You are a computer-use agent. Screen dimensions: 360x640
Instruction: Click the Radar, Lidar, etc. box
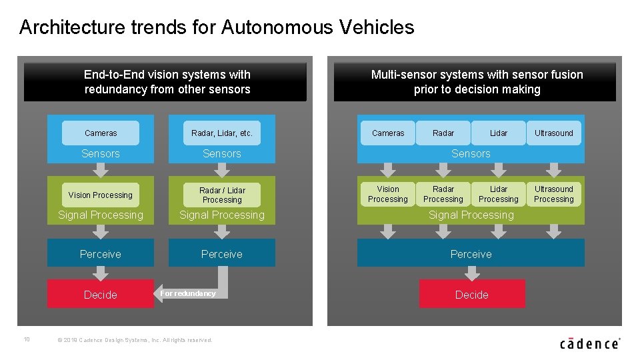(x=222, y=133)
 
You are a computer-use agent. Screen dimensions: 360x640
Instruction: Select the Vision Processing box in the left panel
(x=101, y=195)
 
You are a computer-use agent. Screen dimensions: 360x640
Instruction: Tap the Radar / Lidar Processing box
(x=222, y=195)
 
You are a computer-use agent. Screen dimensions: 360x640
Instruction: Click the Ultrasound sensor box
(x=554, y=133)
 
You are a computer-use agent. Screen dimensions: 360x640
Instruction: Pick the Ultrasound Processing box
(x=554, y=194)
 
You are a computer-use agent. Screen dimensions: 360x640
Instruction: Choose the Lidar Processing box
(x=499, y=194)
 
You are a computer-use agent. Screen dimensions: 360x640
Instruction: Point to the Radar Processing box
(x=443, y=194)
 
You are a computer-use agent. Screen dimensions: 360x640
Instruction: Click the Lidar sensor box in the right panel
(x=499, y=133)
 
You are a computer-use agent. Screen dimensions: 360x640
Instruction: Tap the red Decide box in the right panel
(x=472, y=294)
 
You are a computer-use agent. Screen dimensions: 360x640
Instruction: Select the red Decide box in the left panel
(x=101, y=294)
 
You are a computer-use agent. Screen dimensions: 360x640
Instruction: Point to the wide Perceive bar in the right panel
(x=471, y=253)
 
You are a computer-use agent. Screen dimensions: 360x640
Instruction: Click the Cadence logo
(x=590, y=343)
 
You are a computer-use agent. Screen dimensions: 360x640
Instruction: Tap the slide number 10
(x=27, y=339)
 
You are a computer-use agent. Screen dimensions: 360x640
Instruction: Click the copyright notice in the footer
(x=135, y=340)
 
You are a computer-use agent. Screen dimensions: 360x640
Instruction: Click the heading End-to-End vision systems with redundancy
(x=167, y=82)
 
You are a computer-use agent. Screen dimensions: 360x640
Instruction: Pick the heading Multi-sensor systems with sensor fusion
(x=477, y=82)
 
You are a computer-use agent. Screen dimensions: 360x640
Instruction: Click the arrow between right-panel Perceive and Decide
(x=472, y=273)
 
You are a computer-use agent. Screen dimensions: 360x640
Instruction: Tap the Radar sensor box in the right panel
(x=443, y=133)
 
